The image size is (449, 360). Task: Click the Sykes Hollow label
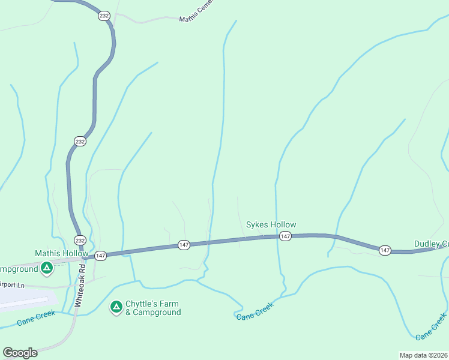[x=271, y=225]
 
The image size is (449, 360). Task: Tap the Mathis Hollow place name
[x=61, y=253]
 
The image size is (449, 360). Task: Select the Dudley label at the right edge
[x=431, y=244]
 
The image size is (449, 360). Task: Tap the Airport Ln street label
[x=13, y=286]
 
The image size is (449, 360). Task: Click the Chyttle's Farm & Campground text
[x=152, y=308]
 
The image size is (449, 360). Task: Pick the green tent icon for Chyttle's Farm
[x=116, y=308]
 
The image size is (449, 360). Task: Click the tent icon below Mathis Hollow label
[x=46, y=268]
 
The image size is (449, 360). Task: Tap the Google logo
[x=20, y=353]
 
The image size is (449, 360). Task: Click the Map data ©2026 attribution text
[x=424, y=355]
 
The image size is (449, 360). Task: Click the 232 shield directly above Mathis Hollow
[x=80, y=240]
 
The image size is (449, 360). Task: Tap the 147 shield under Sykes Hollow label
[x=285, y=236]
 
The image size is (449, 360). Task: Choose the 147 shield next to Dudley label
[x=385, y=250]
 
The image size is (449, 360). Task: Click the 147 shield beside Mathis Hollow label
[x=100, y=255]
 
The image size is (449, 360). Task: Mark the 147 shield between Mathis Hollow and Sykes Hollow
[x=184, y=244]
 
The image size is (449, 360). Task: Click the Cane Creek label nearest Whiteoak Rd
[x=36, y=317]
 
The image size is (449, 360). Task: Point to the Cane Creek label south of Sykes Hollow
[x=255, y=310]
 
